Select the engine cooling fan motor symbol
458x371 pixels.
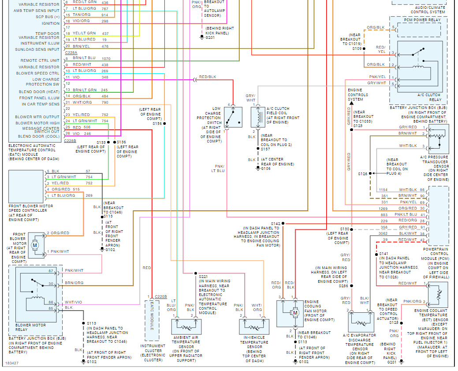click(x=293, y=313)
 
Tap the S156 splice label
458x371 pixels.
click(x=157, y=124)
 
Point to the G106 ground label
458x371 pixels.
click(x=265, y=169)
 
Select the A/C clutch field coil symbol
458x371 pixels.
click(x=257, y=117)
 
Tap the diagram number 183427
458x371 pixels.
click(x=12, y=364)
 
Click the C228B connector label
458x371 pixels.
click(x=70, y=141)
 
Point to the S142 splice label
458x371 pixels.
click(x=276, y=224)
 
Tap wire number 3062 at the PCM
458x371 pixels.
click(x=383, y=233)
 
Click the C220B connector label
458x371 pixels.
click(x=160, y=296)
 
